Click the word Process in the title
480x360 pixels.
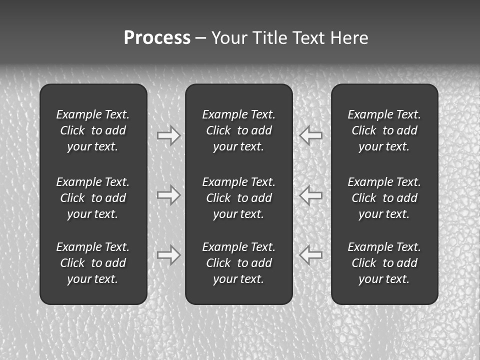(x=157, y=38)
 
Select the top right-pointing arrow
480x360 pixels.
(x=169, y=135)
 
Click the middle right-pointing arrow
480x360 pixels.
(x=169, y=195)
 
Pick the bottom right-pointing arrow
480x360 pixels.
(x=169, y=255)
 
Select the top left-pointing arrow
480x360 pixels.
(x=310, y=135)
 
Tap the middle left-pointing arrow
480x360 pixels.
(x=310, y=195)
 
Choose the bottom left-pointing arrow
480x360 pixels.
(x=310, y=255)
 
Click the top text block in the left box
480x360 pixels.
(x=93, y=130)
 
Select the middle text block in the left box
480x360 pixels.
(x=93, y=198)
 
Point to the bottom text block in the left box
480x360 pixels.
(x=93, y=263)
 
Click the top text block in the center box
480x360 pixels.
(x=239, y=130)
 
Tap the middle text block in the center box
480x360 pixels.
(x=239, y=198)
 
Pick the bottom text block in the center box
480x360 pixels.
(x=239, y=263)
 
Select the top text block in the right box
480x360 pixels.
(x=384, y=130)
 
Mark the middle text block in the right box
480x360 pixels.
(x=384, y=198)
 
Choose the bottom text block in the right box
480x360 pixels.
(x=384, y=263)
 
